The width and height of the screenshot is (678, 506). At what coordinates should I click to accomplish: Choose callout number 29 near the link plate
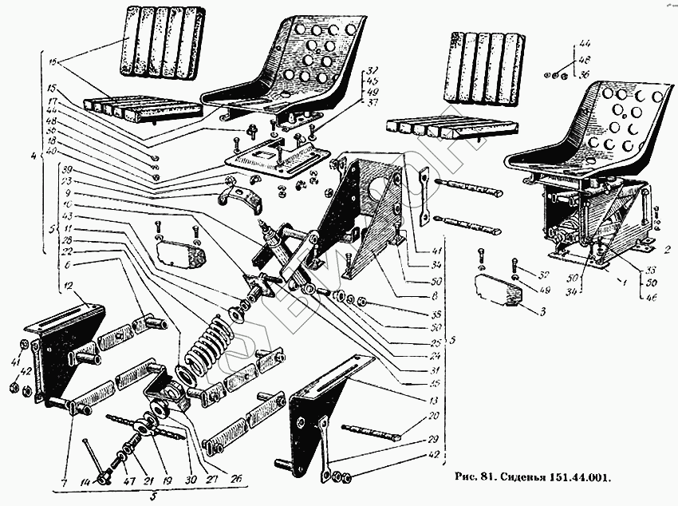pyautogui.click(x=432, y=440)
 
